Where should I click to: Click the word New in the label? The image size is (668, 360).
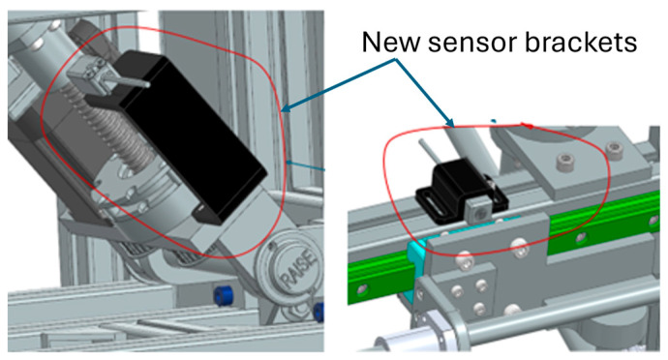(x=391, y=43)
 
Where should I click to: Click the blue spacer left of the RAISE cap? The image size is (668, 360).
(x=224, y=295)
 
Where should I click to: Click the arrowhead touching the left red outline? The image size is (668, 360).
(x=286, y=108)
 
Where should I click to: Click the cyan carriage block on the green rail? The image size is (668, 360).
(x=416, y=254)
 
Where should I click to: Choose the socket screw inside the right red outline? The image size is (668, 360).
(x=565, y=162)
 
